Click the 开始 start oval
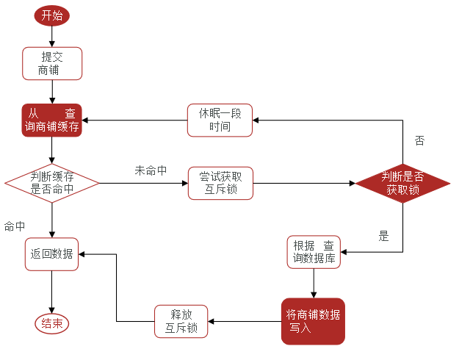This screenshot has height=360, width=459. [x=51, y=15]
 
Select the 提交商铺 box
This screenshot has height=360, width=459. [x=51, y=63]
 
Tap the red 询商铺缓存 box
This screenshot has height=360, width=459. [x=51, y=120]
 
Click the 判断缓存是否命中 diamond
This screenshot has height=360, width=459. [x=51, y=183]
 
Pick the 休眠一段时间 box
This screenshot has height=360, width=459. [x=220, y=120]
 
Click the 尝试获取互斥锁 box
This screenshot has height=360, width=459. [x=220, y=183]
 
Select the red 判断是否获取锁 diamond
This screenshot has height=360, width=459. [x=402, y=183]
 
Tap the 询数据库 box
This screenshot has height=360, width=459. [x=314, y=252]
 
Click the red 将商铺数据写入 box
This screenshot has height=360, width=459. [x=313, y=321]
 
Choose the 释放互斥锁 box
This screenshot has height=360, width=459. [x=181, y=321]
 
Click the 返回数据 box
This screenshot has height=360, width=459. [x=51, y=253]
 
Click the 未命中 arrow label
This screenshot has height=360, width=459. [x=151, y=170]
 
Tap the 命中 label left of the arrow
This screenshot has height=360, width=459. [x=15, y=226]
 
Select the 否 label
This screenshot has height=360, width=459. [x=419, y=140]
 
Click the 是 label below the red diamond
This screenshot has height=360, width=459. [x=383, y=236]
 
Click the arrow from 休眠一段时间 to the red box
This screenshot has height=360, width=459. [x=134, y=120]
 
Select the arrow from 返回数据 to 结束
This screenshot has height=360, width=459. [x=51, y=292]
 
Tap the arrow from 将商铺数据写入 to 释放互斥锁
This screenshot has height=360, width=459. [x=244, y=321]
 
